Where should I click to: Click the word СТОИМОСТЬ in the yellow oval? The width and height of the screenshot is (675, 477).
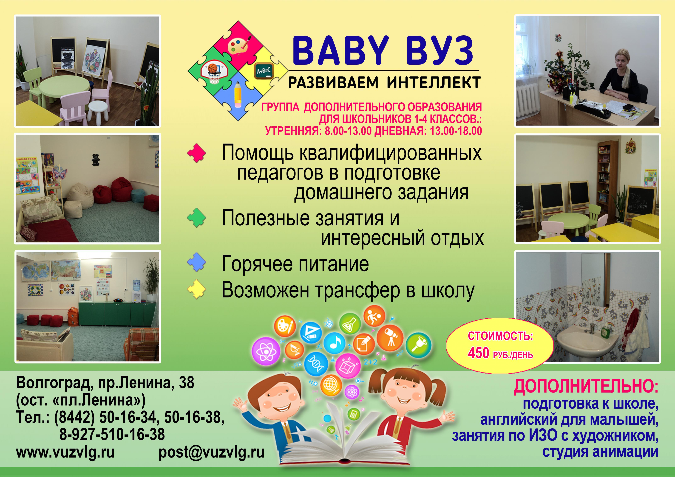pyautogui.click(x=500, y=336)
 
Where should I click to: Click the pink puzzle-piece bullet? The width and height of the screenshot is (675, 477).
pyautogui.click(x=197, y=153)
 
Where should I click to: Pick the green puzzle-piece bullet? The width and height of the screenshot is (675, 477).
pyautogui.click(x=197, y=217)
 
